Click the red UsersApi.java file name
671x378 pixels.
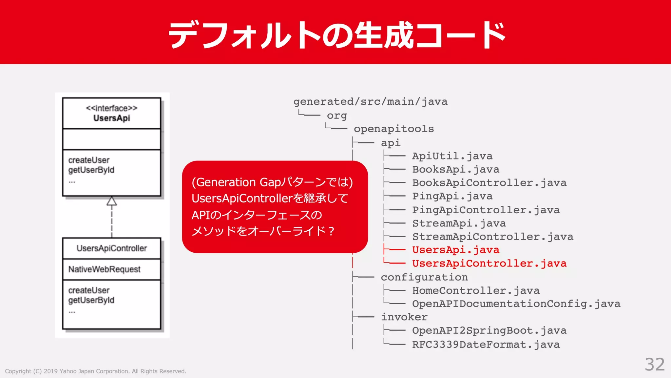(x=455, y=250)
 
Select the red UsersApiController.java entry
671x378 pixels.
(x=489, y=263)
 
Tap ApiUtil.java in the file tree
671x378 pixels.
(x=452, y=156)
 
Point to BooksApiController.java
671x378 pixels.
(x=489, y=183)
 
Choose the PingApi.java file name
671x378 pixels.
(x=452, y=196)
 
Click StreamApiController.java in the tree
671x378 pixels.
(x=492, y=237)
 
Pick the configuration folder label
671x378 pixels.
(x=424, y=277)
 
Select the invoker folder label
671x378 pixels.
(x=404, y=317)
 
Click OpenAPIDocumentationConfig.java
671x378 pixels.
(x=516, y=304)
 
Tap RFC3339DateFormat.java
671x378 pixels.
(x=486, y=345)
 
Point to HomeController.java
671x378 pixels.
(x=476, y=291)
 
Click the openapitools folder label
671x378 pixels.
(x=394, y=129)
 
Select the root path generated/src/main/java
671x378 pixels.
(x=370, y=102)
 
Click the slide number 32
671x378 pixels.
(x=655, y=365)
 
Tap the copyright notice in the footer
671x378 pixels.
(x=95, y=371)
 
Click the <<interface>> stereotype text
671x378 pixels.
(x=112, y=108)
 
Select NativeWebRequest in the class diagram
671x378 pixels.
(x=104, y=269)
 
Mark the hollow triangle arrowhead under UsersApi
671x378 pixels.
(x=112, y=201)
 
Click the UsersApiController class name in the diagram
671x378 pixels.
(x=112, y=248)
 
